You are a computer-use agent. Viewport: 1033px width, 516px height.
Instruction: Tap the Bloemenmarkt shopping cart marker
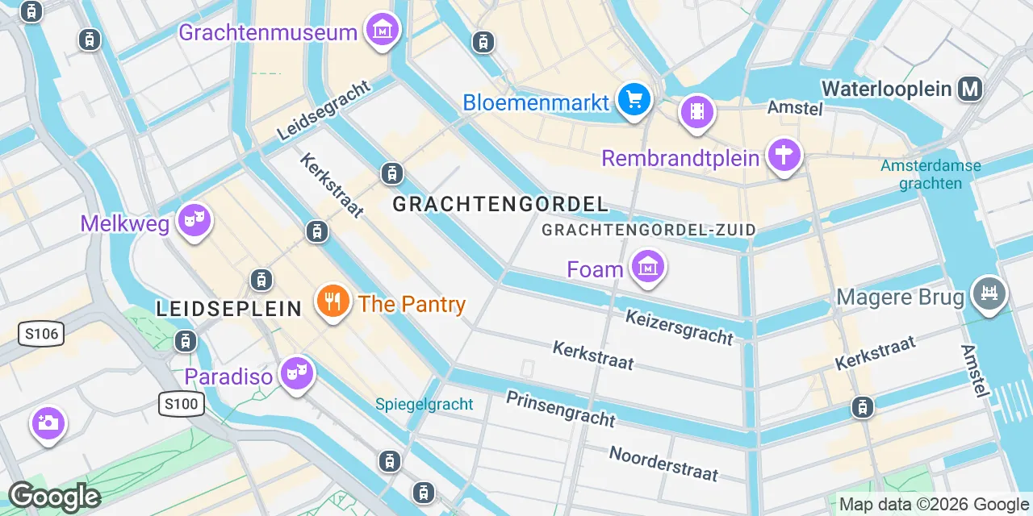pyautogui.click(x=634, y=101)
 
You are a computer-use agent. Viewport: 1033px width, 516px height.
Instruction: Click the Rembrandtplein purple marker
pyautogui.click(x=784, y=153)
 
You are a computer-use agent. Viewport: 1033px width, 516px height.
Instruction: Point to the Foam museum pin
pyautogui.click(x=647, y=265)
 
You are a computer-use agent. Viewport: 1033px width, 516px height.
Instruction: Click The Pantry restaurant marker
pyautogui.click(x=332, y=302)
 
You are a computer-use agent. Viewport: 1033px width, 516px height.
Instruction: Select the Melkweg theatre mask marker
pyautogui.click(x=194, y=219)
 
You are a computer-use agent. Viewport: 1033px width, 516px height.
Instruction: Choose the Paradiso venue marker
pyautogui.click(x=297, y=373)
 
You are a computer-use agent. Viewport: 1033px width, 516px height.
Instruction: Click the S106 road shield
pyautogui.click(x=41, y=334)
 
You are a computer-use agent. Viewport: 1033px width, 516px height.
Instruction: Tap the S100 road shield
pyautogui.click(x=180, y=404)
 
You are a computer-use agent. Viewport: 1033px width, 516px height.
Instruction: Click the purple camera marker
pyautogui.click(x=48, y=422)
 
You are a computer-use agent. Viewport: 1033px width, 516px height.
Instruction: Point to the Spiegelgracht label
pyautogui.click(x=424, y=404)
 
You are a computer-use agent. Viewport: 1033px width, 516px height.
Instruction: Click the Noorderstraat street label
pyautogui.click(x=663, y=464)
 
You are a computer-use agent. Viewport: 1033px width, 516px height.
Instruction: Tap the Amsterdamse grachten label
pyautogui.click(x=931, y=174)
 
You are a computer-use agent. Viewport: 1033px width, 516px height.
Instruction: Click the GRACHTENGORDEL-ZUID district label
pyautogui.click(x=649, y=230)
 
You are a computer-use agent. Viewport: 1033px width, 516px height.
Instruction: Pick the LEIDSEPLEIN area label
pyautogui.click(x=228, y=308)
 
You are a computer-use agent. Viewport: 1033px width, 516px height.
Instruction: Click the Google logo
pyautogui.click(x=53, y=497)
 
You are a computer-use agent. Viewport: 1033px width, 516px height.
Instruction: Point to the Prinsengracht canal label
pyautogui.click(x=560, y=408)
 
